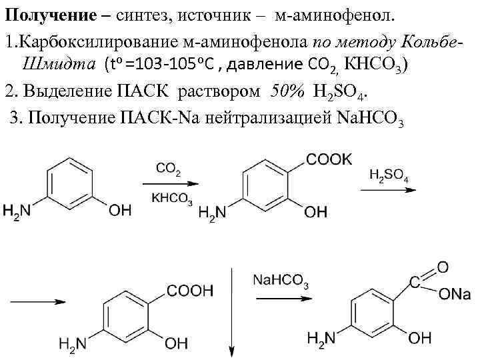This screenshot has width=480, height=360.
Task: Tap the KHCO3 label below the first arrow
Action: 172,198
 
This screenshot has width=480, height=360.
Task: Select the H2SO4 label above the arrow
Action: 389,177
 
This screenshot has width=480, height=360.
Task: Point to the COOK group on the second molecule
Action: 328,159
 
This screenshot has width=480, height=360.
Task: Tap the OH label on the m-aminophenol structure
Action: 120,211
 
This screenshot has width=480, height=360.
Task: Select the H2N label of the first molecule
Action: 17,211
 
